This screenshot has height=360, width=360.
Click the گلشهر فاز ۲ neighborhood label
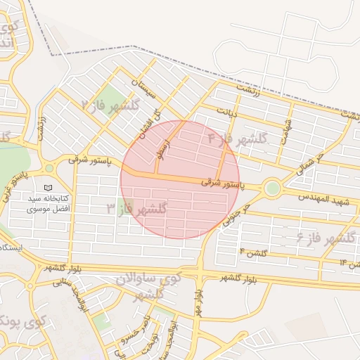click(x=111, y=106)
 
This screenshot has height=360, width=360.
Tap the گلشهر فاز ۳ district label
click(x=136, y=209)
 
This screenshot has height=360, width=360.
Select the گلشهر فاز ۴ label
click(x=238, y=139)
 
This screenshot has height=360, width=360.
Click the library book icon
click(x=48, y=188)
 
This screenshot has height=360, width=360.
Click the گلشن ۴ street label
click(x=253, y=251)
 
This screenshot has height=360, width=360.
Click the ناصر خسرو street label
click(x=134, y=330)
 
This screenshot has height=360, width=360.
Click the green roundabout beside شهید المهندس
click(x=272, y=188)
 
